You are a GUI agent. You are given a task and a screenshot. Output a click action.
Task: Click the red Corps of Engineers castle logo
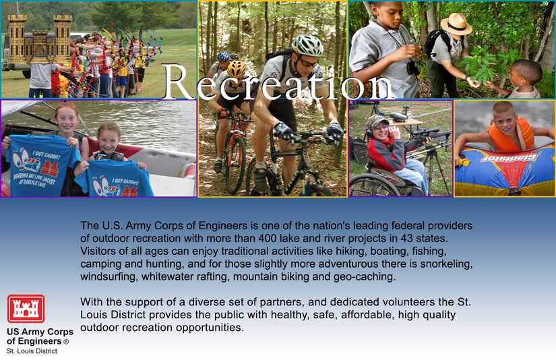[26, 309]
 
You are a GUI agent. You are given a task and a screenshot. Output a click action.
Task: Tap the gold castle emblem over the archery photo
[40, 39]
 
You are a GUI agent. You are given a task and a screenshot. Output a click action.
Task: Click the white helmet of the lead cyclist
[307, 45]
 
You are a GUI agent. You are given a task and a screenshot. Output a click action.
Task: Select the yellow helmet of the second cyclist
[237, 69]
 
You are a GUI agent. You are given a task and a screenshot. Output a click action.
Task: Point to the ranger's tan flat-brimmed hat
[456, 24]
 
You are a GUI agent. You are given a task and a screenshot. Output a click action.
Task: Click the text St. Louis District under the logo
[32, 351]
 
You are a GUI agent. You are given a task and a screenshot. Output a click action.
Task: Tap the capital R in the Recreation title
[179, 82]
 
